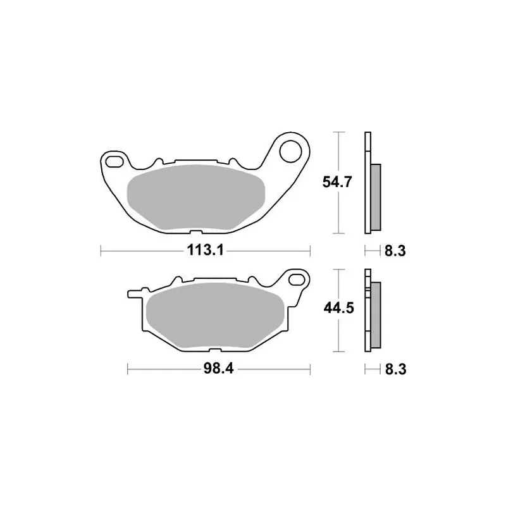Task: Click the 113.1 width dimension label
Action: pyautogui.click(x=205, y=250)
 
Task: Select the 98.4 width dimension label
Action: pyautogui.click(x=218, y=369)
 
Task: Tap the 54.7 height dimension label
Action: pyautogui.click(x=337, y=182)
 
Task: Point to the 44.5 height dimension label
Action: pyautogui.click(x=339, y=308)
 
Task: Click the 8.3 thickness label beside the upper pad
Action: pyautogui.click(x=395, y=250)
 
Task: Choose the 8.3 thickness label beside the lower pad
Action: pyautogui.click(x=396, y=369)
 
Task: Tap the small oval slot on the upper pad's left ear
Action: pyautogui.click(x=114, y=162)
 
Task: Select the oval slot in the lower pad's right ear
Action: pyautogui.click(x=297, y=279)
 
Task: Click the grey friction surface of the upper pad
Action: pyautogui.click(x=196, y=197)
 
